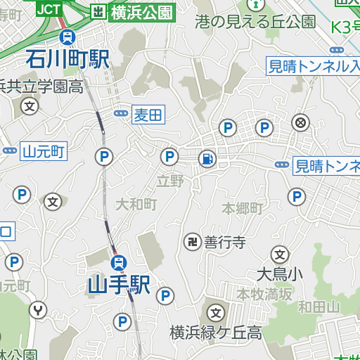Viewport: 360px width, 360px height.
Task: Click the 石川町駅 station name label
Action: point(67,58)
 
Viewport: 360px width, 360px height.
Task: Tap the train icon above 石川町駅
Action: point(67,37)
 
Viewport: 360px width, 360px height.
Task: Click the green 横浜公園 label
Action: point(141,11)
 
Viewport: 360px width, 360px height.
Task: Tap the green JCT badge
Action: point(48,8)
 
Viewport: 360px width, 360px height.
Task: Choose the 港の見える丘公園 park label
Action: point(255,22)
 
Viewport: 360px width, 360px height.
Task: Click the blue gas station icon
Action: point(207,159)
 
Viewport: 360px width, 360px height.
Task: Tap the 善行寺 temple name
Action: point(225,243)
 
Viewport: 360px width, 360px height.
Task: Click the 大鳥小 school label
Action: point(279,274)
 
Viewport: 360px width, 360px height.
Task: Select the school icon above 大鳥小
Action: point(280,254)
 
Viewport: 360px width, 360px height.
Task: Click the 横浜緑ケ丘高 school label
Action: point(215,332)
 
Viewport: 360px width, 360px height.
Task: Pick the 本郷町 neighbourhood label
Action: point(242,209)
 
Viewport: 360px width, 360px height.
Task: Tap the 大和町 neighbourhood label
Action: point(136,205)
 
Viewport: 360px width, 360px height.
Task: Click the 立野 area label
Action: point(169,181)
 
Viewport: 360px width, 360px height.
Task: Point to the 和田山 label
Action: point(319,307)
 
